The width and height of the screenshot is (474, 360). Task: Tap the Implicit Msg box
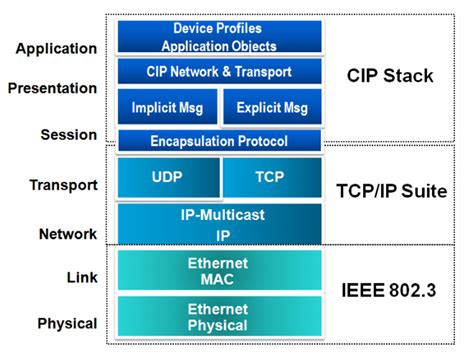click(x=165, y=107)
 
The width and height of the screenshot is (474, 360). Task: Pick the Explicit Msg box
click(x=272, y=107)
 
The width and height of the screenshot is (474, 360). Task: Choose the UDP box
click(x=167, y=178)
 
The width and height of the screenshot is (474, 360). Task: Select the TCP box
click(x=272, y=178)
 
